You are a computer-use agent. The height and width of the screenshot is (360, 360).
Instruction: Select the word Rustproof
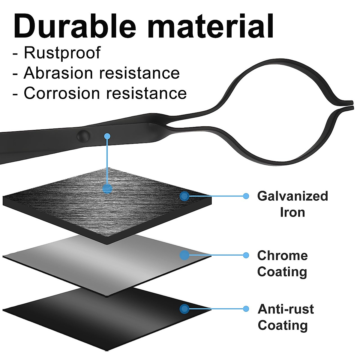pos(62,53)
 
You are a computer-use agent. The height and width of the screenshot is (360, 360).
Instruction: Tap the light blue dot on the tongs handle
pos(107,136)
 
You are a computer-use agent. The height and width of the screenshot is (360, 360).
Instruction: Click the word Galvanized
pos(292,196)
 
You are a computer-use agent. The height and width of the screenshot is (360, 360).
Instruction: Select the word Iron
pos(292,212)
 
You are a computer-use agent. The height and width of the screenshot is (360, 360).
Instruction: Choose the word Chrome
pos(282,255)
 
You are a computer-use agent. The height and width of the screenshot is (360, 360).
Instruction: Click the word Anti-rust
pos(286,309)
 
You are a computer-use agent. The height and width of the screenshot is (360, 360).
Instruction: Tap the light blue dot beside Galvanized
pos(246,196)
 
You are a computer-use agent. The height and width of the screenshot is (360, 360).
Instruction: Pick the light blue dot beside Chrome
pos(246,255)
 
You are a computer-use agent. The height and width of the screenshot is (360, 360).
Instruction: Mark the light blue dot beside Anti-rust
pos(246,309)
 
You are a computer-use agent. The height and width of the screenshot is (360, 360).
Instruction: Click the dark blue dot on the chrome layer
pos(184,255)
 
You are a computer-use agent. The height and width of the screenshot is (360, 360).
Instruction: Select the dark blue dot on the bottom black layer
pos(184,309)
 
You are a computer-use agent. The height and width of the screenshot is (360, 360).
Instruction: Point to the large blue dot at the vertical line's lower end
pos(107,189)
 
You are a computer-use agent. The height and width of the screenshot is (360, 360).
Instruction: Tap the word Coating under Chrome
pos(282,272)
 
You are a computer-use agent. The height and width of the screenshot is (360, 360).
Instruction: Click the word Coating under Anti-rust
pos(283,325)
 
